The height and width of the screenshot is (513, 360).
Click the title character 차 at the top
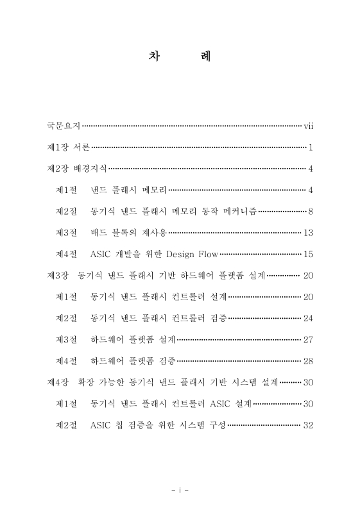(155, 57)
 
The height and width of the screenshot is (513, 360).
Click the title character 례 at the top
(205, 57)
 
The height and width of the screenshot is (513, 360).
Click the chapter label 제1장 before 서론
(58, 148)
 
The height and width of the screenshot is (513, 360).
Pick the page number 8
(310, 212)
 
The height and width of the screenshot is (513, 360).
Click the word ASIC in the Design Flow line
(103, 255)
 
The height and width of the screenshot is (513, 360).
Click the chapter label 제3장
(58, 276)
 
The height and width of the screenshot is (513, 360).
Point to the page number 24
(307, 318)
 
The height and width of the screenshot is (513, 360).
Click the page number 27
(307, 339)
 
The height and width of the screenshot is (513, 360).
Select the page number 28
(307, 361)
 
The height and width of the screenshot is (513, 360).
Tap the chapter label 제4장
(58, 382)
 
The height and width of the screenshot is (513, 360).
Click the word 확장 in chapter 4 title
(86, 382)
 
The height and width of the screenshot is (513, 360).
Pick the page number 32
(307, 425)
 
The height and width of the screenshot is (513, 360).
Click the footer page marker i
(180, 491)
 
